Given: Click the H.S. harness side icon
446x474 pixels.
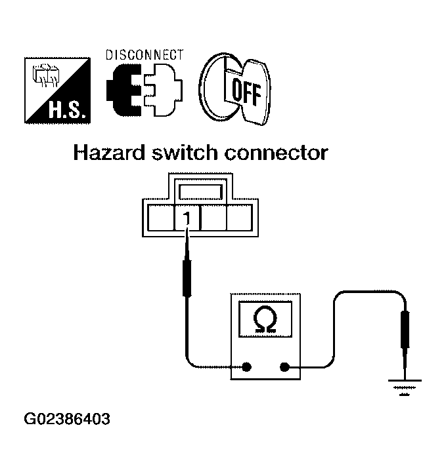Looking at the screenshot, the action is [x=57, y=90].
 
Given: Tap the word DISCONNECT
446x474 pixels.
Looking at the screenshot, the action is [x=145, y=55].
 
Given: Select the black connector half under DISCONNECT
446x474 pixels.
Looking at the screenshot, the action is [x=124, y=90].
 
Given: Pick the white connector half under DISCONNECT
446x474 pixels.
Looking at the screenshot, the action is [x=163, y=90].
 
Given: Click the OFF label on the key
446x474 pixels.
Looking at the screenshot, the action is [x=246, y=91].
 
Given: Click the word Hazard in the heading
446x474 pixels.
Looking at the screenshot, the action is [x=109, y=153].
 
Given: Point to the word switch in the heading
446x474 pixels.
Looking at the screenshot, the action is [x=185, y=153].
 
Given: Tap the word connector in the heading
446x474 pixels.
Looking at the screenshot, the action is [x=276, y=153].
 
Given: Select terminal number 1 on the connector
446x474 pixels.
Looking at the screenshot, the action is [x=187, y=218].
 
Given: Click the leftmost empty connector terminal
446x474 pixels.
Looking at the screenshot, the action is [x=160, y=218].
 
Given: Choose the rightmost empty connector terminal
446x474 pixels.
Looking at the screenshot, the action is [x=240, y=218].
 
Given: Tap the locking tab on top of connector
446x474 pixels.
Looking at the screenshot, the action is [x=200, y=192].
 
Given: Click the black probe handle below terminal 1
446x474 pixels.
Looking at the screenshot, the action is [x=187, y=278].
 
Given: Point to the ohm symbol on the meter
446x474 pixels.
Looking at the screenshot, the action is [x=265, y=319].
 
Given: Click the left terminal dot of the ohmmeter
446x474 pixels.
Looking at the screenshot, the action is [x=247, y=367].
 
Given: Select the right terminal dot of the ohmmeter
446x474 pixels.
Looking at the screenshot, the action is [x=284, y=367].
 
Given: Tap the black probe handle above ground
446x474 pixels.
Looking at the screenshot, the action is [x=405, y=330].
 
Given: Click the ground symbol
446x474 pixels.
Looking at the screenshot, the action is [x=405, y=387].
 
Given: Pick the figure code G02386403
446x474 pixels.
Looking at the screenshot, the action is [x=67, y=420].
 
